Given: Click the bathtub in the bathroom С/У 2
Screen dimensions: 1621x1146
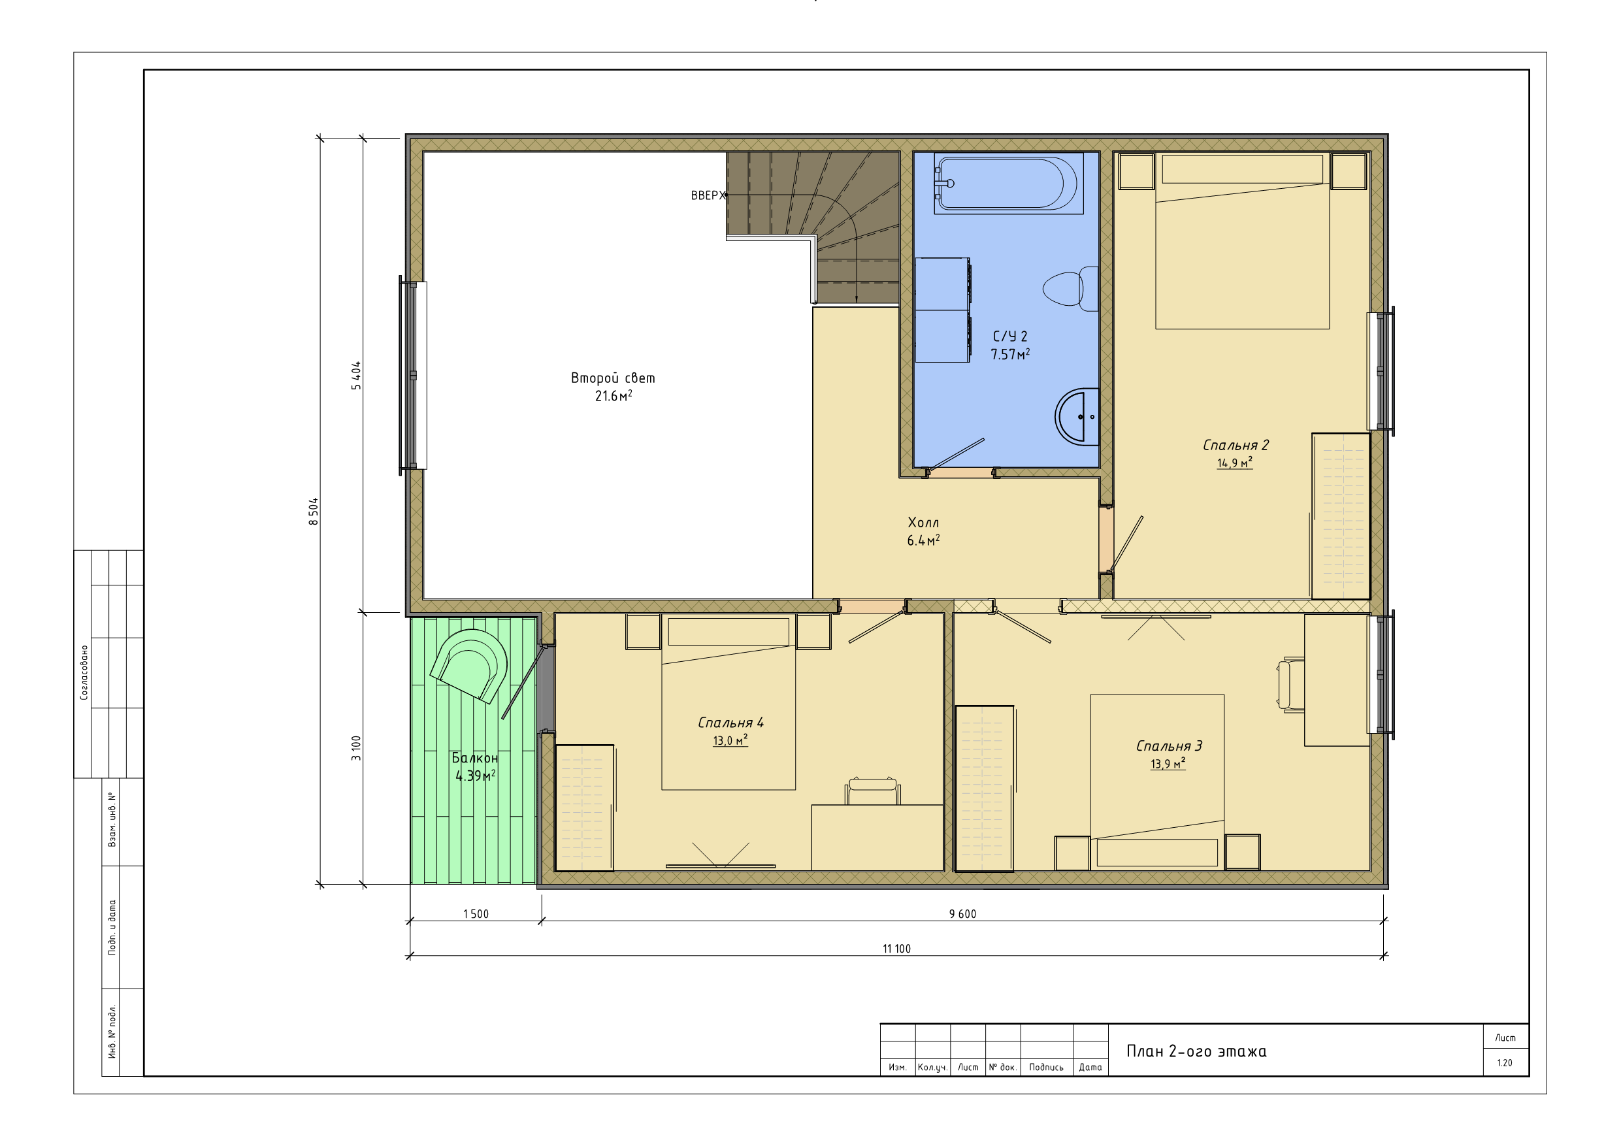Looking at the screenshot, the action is click(1008, 184).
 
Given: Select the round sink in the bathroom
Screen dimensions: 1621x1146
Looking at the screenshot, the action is click(1077, 417).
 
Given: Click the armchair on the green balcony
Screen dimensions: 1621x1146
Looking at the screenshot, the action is click(469, 666).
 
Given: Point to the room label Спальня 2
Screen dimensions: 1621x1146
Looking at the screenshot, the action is click(1236, 446).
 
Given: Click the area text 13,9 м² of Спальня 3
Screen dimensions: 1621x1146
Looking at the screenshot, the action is click(1168, 764).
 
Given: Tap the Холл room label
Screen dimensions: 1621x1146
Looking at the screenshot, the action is click(923, 523).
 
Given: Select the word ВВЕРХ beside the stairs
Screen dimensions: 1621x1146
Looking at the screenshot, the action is click(708, 195).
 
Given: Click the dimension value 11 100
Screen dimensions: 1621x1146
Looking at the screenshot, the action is click(896, 948).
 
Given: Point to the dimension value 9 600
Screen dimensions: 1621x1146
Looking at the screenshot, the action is click(962, 913).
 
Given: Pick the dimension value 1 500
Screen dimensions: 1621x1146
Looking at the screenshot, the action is click(476, 913).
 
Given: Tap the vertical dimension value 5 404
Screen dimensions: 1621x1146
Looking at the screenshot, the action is click(356, 376).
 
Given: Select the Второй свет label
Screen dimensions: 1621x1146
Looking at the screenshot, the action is click(613, 378).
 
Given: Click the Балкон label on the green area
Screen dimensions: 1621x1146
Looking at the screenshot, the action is click(475, 758).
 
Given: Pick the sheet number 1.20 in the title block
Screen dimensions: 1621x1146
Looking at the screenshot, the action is click(1505, 1062).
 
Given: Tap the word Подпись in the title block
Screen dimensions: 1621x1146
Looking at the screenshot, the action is click(1046, 1067).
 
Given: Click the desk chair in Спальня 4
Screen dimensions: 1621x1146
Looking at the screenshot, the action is click(873, 791).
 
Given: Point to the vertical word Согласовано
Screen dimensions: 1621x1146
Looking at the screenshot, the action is click(84, 672).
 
